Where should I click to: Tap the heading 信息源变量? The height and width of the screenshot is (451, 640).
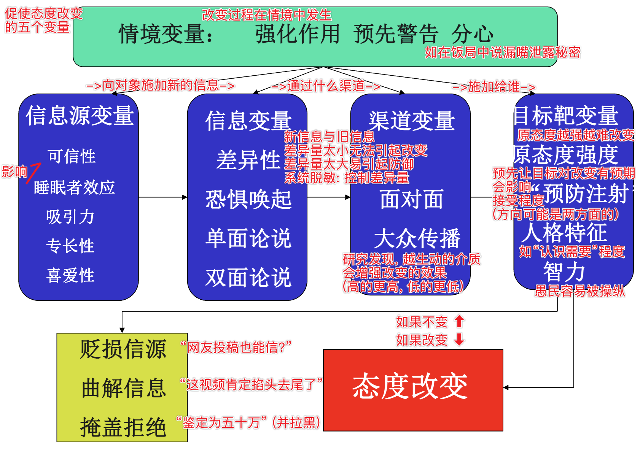pos(80,116)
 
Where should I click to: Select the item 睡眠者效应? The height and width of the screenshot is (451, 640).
pos(74,187)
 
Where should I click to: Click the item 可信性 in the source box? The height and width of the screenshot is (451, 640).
pos(72,156)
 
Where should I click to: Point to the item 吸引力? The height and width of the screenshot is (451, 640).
pos(70,217)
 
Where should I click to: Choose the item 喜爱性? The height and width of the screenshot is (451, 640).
pos(70,275)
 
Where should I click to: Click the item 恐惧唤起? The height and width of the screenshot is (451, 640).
pos(248,199)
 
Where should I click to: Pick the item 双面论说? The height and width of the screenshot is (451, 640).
pos(248,277)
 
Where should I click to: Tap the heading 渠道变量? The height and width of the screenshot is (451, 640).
pos(411,121)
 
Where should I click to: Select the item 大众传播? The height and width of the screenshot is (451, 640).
pos(417,239)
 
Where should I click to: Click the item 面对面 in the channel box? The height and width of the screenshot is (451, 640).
pos(411,199)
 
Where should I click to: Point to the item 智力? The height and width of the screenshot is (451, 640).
pos(564,272)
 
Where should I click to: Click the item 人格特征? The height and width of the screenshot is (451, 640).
pos(564,233)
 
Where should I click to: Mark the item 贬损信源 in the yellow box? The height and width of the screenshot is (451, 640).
pos(123,349)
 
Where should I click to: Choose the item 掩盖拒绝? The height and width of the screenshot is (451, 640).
pos(123,427)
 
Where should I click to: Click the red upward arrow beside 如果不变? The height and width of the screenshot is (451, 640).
pos(459,321)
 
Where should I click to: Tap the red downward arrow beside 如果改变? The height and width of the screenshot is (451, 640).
pos(459,339)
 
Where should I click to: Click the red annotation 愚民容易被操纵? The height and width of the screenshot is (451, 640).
pos(580,291)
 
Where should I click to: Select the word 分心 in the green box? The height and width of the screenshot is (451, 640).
pos(472,34)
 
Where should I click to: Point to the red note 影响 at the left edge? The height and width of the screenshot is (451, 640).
pos(14,172)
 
